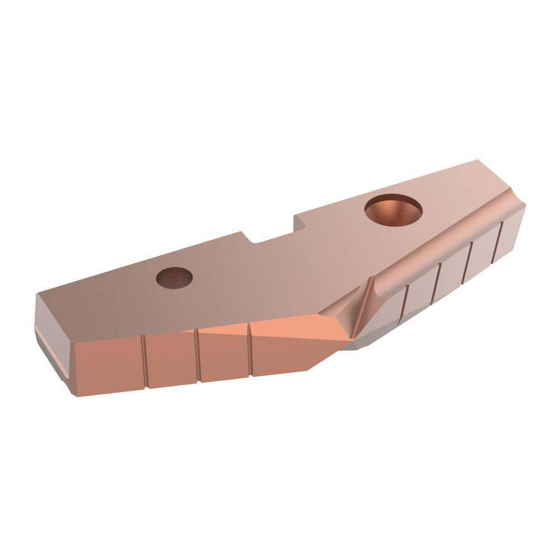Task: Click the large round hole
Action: (x=393, y=209)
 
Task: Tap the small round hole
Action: (x=174, y=277)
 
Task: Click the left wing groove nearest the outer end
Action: (x=144, y=362)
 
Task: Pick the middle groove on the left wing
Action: (x=198, y=356)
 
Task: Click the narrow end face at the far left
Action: (x=53, y=350)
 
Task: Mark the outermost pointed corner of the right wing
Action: (x=524, y=207)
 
